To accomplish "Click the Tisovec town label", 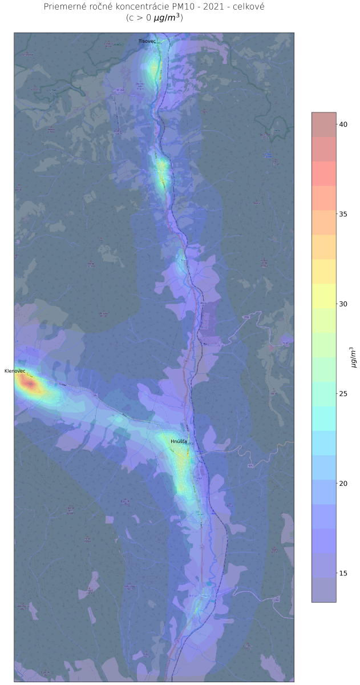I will [x=147, y=41].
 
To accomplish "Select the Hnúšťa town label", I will [x=179, y=442].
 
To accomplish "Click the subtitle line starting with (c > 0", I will [x=154, y=18].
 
